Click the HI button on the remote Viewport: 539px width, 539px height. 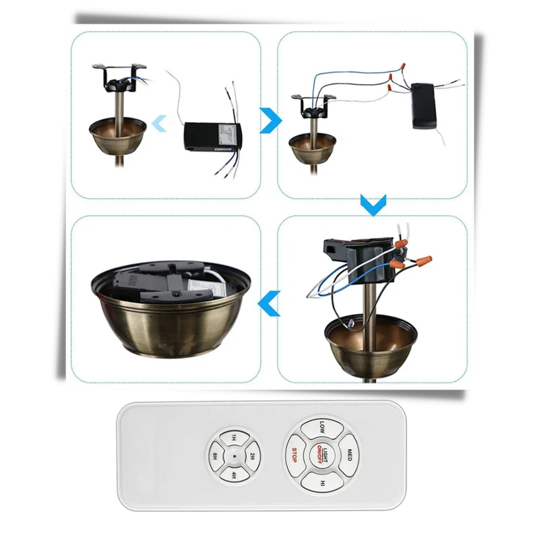(x=322, y=482)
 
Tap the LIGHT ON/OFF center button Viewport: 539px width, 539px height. (x=322, y=454)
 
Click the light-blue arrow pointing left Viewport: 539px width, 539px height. (x=159, y=123)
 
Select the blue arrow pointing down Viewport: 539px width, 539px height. (x=373, y=205)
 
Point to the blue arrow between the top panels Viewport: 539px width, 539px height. (x=271, y=121)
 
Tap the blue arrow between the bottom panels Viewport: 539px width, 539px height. (x=269, y=304)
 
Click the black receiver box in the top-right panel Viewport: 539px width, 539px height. (x=424, y=106)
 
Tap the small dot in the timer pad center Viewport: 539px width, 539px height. (x=234, y=456)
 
